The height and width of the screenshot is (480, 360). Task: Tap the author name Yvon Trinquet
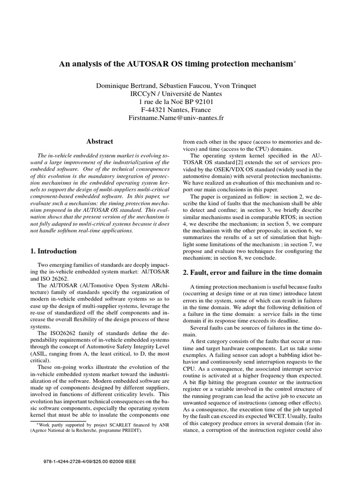click(x=233, y=86)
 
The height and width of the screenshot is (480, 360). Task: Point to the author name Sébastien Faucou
click(x=179, y=86)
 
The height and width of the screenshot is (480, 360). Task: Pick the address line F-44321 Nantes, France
click(x=176, y=110)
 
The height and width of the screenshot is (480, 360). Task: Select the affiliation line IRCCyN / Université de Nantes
click(x=176, y=94)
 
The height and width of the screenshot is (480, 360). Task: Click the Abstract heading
click(x=99, y=141)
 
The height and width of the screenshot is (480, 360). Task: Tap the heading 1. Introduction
click(x=53, y=251)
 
